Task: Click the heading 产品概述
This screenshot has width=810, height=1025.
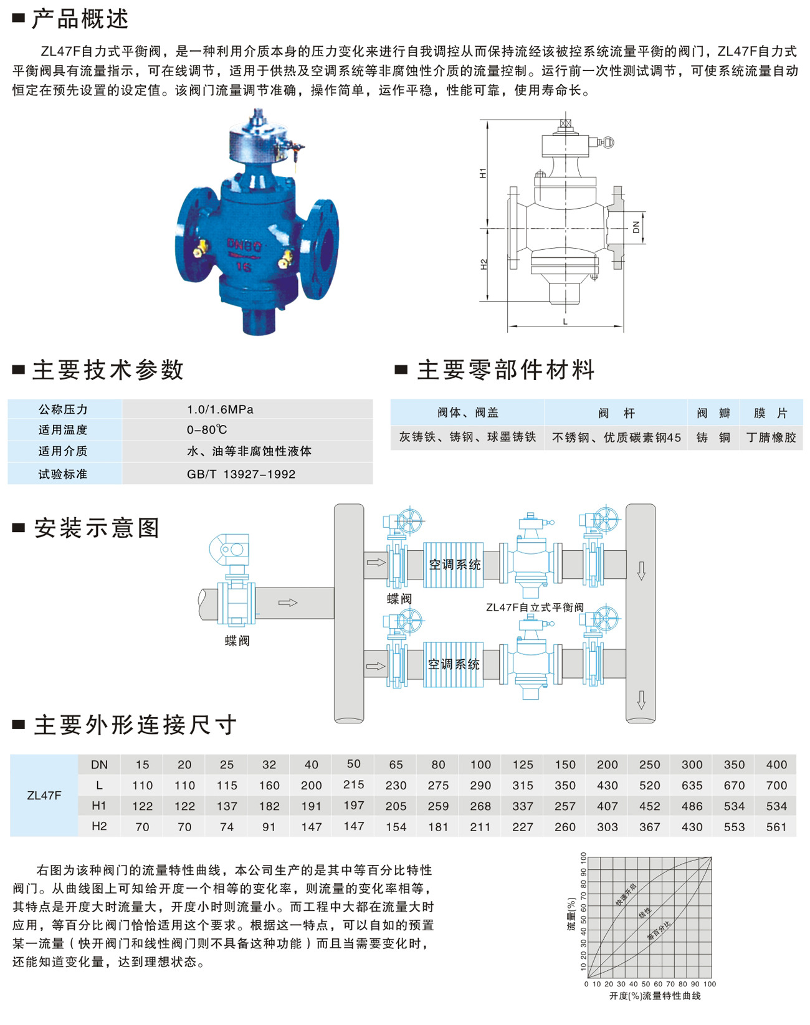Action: point(80,19)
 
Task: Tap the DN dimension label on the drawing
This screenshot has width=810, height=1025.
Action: point(636,227)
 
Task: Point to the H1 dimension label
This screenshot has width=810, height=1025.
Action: point(483,173)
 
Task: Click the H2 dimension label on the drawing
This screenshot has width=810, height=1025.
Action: point(484,264)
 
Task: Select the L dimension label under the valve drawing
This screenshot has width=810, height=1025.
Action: point(565,322)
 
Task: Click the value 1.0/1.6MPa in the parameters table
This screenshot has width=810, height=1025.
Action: point(220,409)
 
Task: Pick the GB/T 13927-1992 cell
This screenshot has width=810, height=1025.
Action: point(241,474)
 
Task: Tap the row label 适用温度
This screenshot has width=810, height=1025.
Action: point(63,430)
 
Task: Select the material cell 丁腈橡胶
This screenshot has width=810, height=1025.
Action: point(771,437)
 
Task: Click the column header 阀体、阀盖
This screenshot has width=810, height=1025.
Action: point(468,412)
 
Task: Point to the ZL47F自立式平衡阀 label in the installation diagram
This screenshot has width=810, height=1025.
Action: point(535,608)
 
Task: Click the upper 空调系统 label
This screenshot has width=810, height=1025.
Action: point(455,565)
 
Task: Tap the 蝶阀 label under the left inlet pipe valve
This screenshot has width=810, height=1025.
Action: point(237,641)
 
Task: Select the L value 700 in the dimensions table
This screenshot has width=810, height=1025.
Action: point(776,786)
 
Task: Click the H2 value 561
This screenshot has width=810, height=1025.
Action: point(776,827)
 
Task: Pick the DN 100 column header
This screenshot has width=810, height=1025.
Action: point(480,765)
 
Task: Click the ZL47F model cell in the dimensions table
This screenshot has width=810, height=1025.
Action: point(44,796)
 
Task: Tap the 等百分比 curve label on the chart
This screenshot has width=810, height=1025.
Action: point(659,930)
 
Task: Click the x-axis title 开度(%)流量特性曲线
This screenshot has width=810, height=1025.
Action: point(655,996)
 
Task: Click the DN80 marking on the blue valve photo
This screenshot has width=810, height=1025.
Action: point(244,246)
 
